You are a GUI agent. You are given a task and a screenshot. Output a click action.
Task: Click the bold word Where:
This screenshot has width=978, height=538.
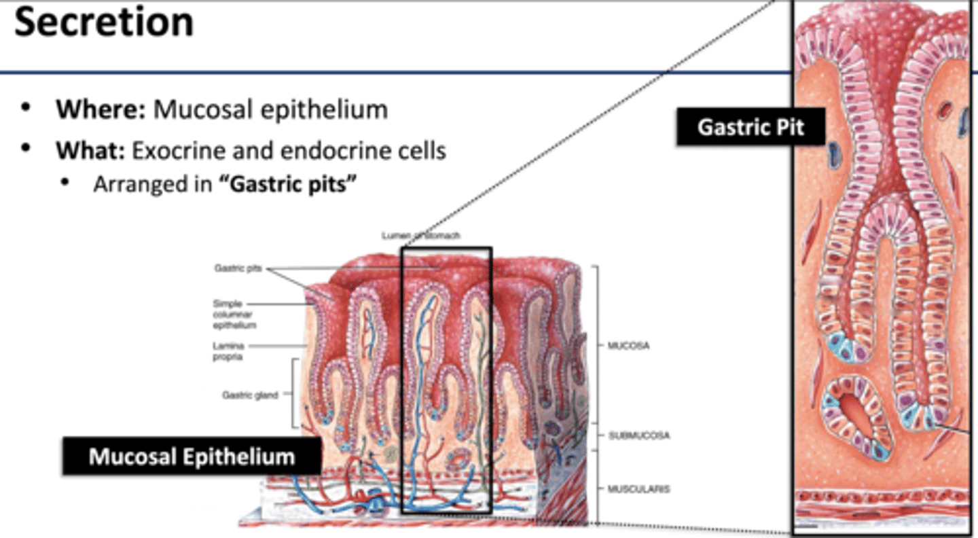101,109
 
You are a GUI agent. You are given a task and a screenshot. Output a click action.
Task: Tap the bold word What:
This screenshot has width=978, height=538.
91,150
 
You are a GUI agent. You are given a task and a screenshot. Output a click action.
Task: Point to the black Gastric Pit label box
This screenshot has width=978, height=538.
750,126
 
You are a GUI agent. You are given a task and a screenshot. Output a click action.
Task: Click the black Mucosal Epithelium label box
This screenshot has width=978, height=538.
192,456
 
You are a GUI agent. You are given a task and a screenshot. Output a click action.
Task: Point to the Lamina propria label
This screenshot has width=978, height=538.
228,351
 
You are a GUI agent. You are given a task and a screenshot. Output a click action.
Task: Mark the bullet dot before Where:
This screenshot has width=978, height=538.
26,109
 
